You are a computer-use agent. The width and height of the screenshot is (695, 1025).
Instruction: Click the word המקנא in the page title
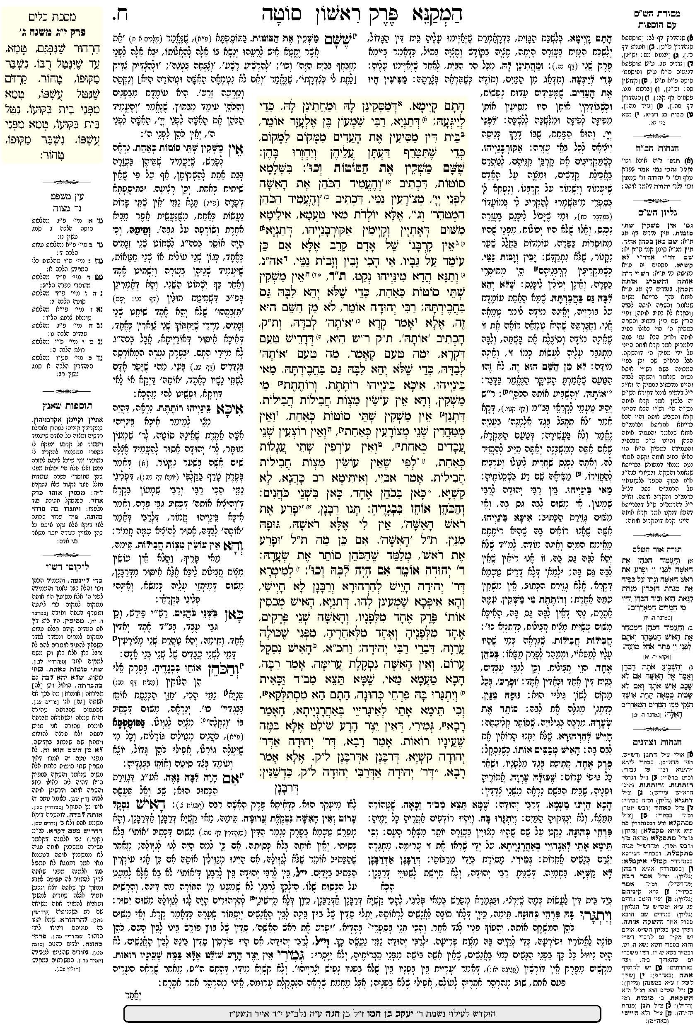[x=451, y=17]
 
